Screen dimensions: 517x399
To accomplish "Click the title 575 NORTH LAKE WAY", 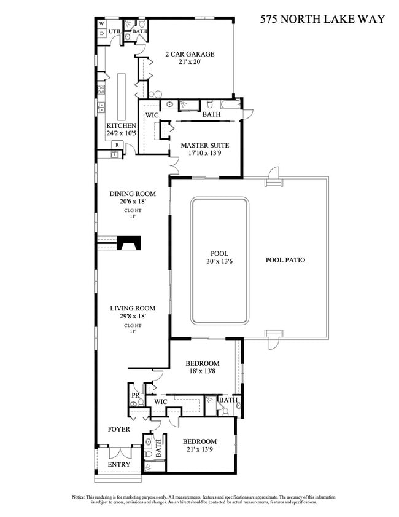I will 322,19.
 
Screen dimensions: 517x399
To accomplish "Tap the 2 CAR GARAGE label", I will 188,54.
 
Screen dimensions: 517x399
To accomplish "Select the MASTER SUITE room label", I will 204,146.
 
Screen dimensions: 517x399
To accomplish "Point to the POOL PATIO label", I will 285,260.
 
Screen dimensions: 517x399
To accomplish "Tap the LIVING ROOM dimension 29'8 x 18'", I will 132,317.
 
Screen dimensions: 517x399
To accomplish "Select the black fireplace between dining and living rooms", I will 130,243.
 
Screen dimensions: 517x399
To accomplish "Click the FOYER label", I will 119,429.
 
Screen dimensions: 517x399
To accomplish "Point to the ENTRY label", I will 119,464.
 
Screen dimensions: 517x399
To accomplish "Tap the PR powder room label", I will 134,395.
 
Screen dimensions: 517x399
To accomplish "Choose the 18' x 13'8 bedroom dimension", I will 203,372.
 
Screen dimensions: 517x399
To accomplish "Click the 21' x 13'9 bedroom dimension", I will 200,450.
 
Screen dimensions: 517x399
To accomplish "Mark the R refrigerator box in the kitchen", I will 117,145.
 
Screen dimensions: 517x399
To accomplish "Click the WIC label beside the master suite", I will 152,115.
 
